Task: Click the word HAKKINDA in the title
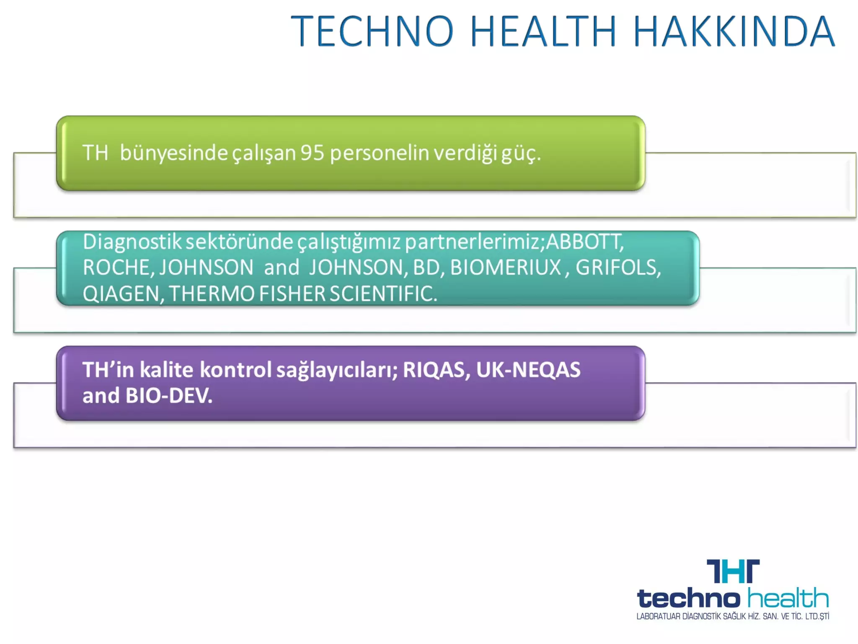[734, 31]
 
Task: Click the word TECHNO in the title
[372, 31]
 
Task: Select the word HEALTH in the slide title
[543, 31]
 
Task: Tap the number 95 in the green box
[312, 153]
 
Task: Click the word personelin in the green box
[380, 153]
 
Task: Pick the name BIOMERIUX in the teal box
[505, 268]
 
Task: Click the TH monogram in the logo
[733, 571]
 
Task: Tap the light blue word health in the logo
[788, 598]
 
